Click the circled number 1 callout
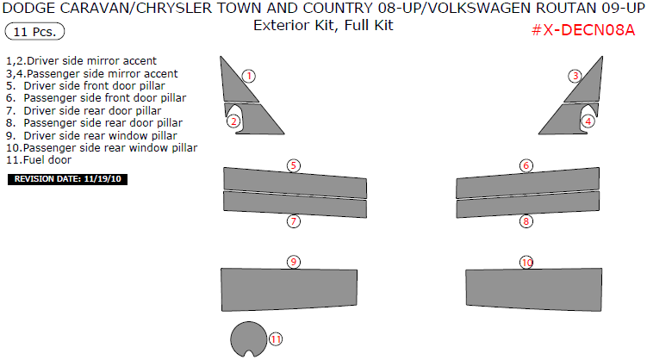pos(249,77)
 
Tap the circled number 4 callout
pos(588,121)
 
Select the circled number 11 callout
pos(276,339)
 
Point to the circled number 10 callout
pos(526,263)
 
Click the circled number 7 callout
pos(294,221)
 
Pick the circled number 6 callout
pos(526,165)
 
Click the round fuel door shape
pos(248,339)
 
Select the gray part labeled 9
pos(289,289)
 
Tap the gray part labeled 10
pos(534,289)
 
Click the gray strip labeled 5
pos(295,183)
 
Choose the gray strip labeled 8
pos(528,204)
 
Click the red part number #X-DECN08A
pos(583,30)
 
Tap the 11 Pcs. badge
pos(34,31)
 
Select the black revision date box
pos(68,179)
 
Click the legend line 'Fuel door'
pos(39,160)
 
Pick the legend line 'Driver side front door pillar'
pos(85,86)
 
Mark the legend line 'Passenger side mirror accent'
pos(91,74)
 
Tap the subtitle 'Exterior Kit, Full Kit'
pos(323,25)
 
